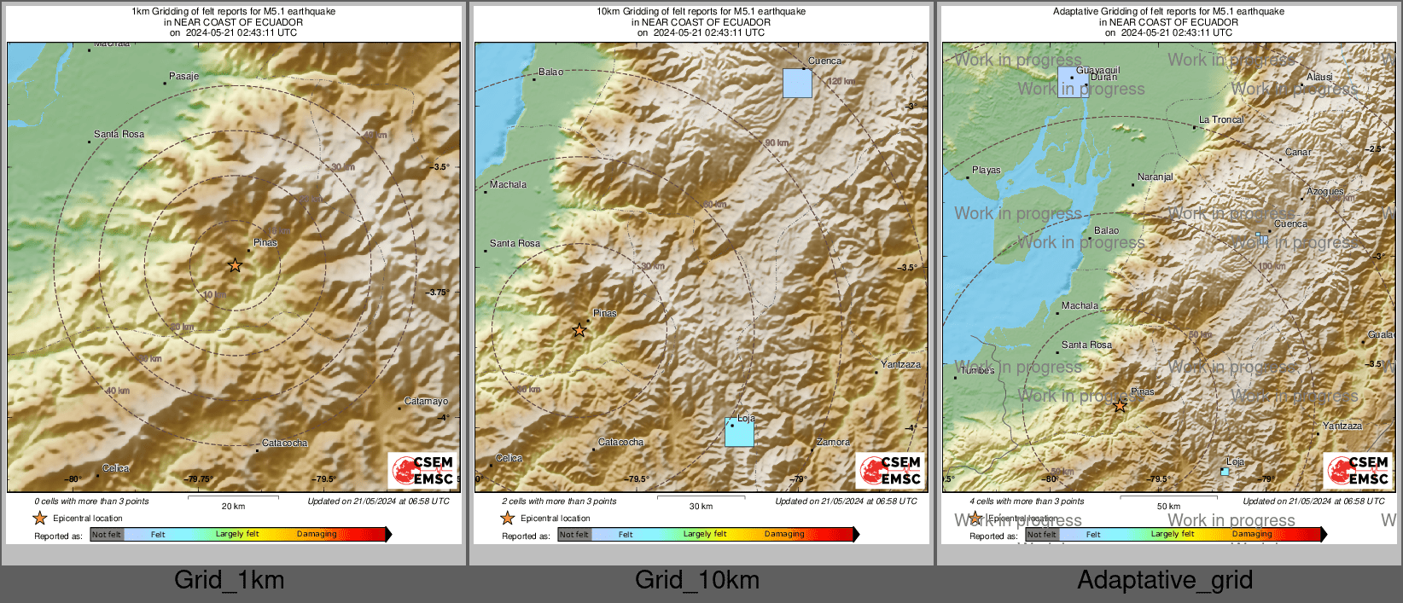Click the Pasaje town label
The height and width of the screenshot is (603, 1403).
pyautogui.click(x=183, y=76)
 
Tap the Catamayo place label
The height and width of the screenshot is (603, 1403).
pyautogui.click(x=426, y=401)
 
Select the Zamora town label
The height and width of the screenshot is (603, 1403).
pyautogui.click(x=833, y=442)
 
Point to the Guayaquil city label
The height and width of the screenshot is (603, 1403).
pyautogui.click(x=1097, y=70)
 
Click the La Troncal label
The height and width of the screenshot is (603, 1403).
pyautogui.click(x=1221, y=119)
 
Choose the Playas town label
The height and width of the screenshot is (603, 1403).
pyautogui.click(x=986, y=170)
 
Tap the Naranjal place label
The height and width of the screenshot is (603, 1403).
pyautogui.click(x=1155, y=177)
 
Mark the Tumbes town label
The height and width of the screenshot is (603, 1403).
pyautogui.click(x=977, y=370)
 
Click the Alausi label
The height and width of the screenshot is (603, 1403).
pyautogui.click(x=1319, y=77)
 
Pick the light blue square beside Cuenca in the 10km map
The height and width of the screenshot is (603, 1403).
pyautogui.click(x=797, y=84)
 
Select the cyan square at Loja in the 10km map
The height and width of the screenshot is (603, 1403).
pyautogui.click(x=739, y=432)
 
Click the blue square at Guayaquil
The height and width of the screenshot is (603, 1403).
pyautogui.click(x=1073, y=83)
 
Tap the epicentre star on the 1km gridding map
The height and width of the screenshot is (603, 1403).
pyautogui.click(x=235, y=265)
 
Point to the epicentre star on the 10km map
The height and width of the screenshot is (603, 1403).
pyautogui.click(x=579, y=330)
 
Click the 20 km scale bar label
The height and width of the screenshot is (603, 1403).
pyautogui.click(x=233, y=506)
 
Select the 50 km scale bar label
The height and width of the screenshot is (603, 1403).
pyautogui.click(x=1168, y=506)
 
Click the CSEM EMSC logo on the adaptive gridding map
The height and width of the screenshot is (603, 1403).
pyautogui.click(x=1357, y=470)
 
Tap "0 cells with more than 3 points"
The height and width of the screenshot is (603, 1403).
pyautogui.click(x=91, y=501)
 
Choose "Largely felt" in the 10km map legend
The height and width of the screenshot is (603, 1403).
pyautogui.click(x=704, y=534)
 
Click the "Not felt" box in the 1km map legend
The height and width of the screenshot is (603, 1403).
pyautogui.click(x=107, y=535)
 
